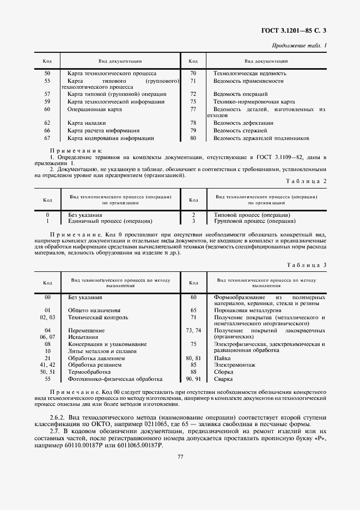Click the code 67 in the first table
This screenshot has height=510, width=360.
pos(47,138)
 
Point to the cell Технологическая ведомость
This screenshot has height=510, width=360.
pos(249,73)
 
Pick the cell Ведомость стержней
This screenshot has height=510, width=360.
pos(240,131)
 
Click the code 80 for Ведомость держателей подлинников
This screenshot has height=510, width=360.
pos(193,138)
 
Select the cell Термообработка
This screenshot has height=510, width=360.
pos(87,371)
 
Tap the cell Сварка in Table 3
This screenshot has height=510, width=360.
pos(223,379)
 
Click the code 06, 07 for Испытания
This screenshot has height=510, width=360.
pos(47,337)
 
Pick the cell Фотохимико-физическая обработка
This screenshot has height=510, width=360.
pos(115,379)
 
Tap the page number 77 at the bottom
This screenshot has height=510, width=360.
pos(180,457)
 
